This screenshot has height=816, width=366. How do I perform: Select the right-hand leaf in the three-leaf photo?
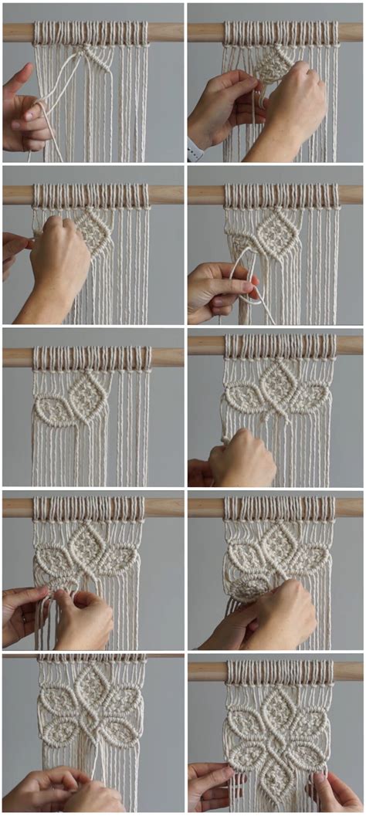[x=310, y=400]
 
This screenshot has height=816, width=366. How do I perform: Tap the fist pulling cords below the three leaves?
[x=243, y=459]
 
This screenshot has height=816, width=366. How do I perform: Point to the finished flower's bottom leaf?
[x=274, y=773]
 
